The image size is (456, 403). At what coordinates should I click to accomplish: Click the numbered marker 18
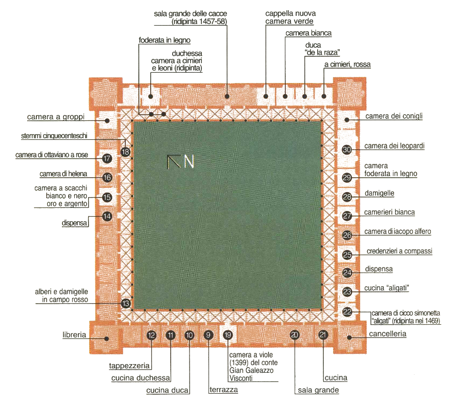(x=126, y=152)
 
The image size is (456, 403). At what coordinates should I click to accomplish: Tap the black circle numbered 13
(x=126, y=304)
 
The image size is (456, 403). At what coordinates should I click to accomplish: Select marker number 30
(x=347, y=150)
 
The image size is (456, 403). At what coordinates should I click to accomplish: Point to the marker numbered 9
(x=208, y=335)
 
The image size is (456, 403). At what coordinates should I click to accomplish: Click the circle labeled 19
(x=228, y=335)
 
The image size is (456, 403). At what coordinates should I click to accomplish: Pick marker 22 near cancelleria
(x=347, y=312)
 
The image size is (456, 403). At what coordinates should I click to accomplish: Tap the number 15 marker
(x=107, y=197)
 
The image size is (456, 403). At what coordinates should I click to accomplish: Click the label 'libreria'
(x=74, y=335)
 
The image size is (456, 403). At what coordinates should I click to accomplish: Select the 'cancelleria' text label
(x=388, y=333)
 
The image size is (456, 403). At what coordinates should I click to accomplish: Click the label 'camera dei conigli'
(x=394, y=116)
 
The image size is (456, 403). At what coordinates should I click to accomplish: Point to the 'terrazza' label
(x=223, y=390)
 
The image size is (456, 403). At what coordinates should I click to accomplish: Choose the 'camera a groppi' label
(x=55, y=117)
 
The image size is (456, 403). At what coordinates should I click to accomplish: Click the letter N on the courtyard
(x=189, y=161)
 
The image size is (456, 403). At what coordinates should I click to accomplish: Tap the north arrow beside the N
(x=174, y=161)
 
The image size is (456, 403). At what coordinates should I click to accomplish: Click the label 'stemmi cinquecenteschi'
(x=54, y=136)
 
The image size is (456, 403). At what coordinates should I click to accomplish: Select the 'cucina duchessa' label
(x=141, y=378)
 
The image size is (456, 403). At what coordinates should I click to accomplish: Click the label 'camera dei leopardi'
(x=395, y=146)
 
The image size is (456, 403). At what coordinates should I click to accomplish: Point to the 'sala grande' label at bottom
(x=318, y=390)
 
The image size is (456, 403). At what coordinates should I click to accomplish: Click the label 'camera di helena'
(x=63, y=174)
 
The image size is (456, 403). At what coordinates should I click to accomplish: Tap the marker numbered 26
(x=347, y=235)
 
